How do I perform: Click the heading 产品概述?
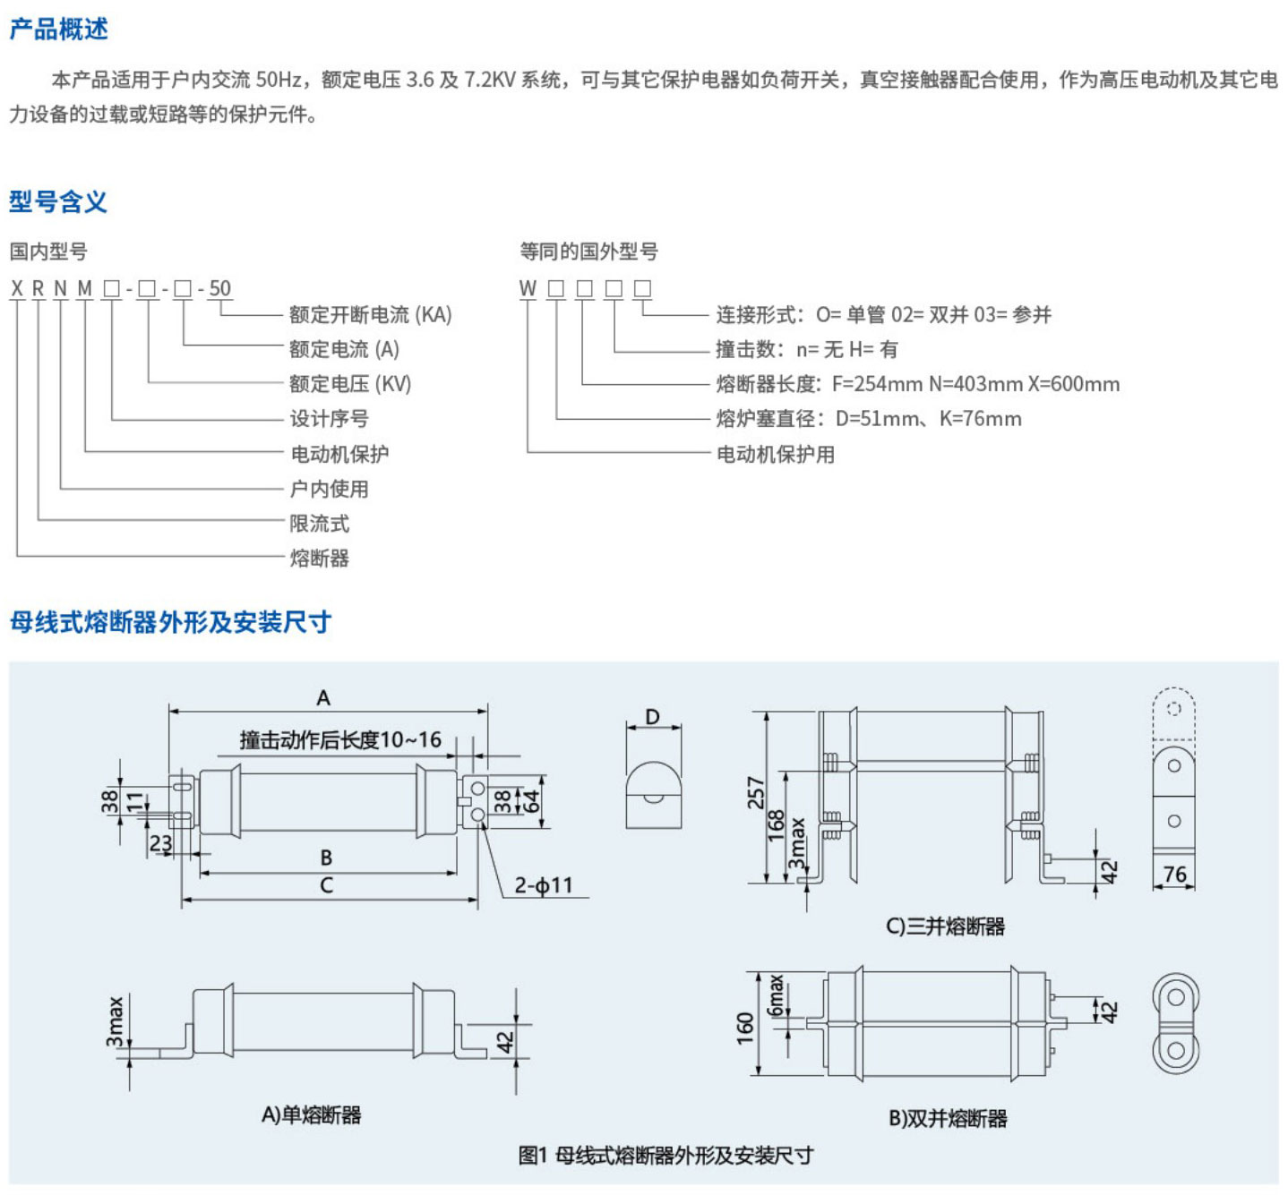click(x=59, y=30)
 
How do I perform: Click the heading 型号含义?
click(x=58, y=201)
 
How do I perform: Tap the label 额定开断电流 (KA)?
click(x=370, y=315)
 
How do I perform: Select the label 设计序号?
click(x=329, y=419)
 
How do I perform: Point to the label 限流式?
click(x=319, y=524)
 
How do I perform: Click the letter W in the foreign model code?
click(x=528, y=288)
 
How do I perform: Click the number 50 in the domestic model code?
click(x=219, y=288)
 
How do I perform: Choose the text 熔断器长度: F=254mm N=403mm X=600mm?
click(x=917, y=385)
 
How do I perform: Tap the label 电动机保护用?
click(x=775, y=455)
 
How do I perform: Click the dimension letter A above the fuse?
click(x=323, y=697)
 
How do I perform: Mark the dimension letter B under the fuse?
click(x=326, y=858)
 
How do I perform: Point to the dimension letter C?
click(x=326, y=885)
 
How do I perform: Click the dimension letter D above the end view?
click(x=652, y=717)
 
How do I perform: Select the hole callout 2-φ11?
click(x=543, y=885)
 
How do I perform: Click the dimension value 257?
click(x=757, y=793)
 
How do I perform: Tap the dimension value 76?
click(x=1174, y=875)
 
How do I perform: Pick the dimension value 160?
click(x=745, y=1029)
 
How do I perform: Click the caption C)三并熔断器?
click(x=946, y=926)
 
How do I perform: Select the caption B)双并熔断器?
click(x=948, y=1119)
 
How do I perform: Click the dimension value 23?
click(x=160, y=842)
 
